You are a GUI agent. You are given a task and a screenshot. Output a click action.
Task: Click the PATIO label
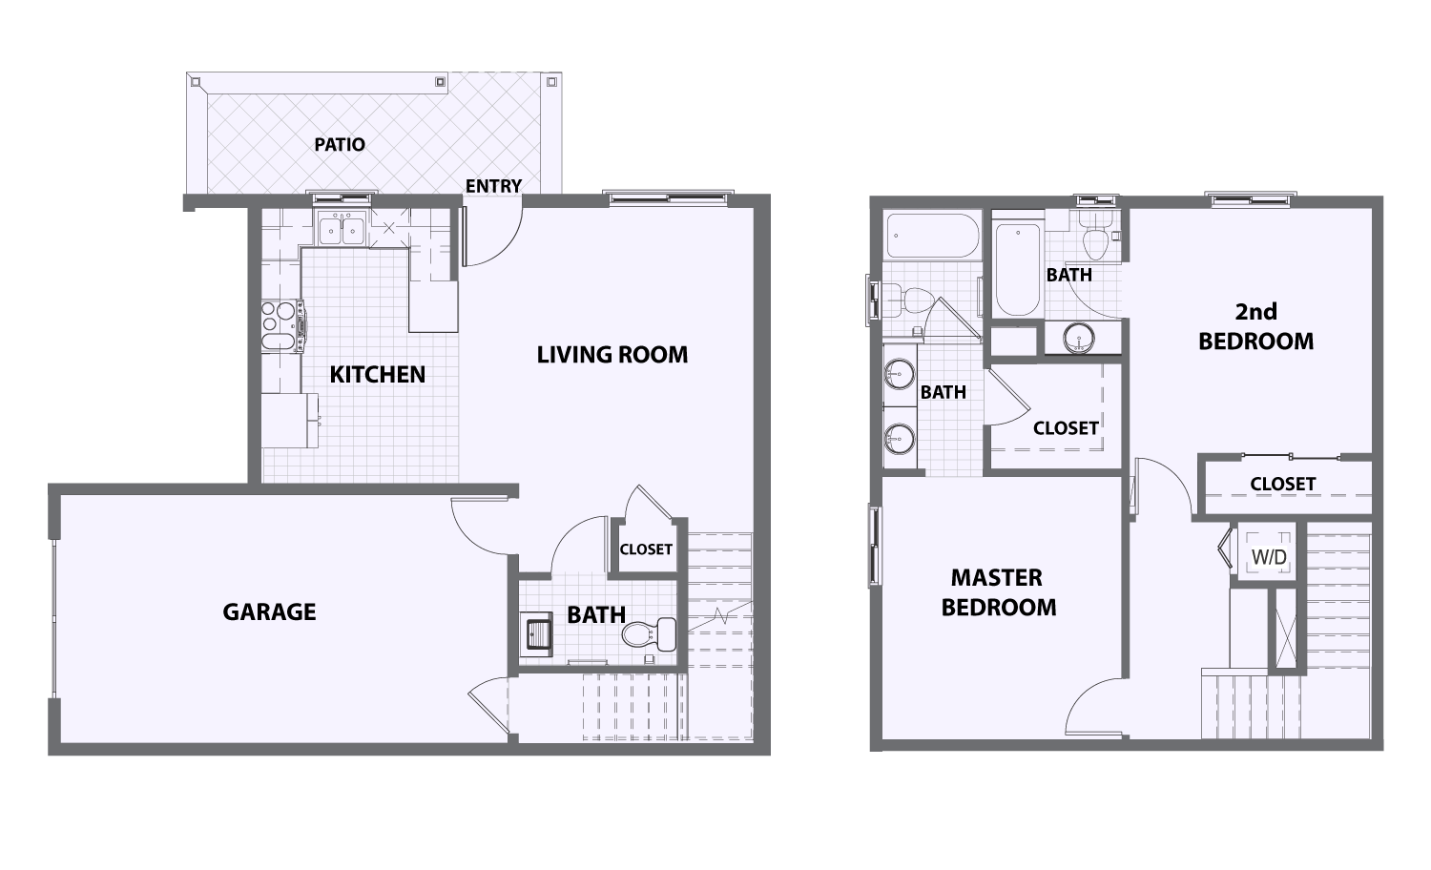(x=340, y=145)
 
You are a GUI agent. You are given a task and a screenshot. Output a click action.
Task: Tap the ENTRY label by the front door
(x=493, y=186)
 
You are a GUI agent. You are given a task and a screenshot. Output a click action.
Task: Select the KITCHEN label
(x=378, y=374)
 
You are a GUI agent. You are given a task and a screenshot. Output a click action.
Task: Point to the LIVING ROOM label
(x=612, y=355)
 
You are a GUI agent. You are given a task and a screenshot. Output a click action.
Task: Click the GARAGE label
(x=269, y=611)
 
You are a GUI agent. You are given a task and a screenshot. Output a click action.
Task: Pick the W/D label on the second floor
(x=1268, y=556)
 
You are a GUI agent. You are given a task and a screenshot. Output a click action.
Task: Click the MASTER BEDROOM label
(x=999, y=592)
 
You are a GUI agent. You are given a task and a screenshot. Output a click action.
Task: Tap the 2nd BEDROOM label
(x=1255, y=326)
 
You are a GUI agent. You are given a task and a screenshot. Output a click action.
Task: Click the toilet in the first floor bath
(x=651, y=633)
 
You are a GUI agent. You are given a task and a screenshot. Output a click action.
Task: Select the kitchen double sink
(x=342, y=229)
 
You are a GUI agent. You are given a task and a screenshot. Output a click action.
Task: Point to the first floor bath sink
(x=535, y=633)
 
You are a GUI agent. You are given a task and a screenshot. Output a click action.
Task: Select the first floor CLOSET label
(x=646, y=549)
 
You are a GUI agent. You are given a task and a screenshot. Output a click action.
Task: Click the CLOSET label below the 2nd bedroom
(x=1282, y=484)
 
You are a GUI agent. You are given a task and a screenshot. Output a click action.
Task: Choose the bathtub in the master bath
(x=929, y=236)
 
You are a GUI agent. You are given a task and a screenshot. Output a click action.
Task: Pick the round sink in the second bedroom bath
(x=1079, y=337)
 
